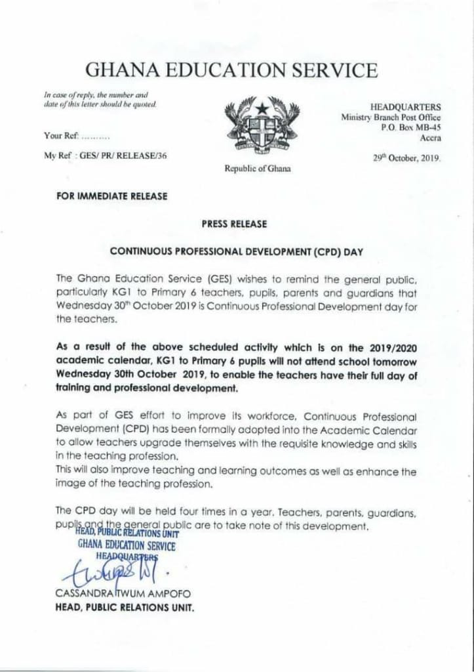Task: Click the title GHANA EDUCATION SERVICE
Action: tap(232, 70)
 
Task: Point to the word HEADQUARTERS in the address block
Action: tap(406, 107)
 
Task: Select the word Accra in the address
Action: tap(430, 137)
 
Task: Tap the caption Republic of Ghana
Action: tap(257, 169)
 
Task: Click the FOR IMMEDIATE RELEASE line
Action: tap(112, 195)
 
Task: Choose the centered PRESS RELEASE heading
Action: tap(234, 224)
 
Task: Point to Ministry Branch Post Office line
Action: tap(391, 117)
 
